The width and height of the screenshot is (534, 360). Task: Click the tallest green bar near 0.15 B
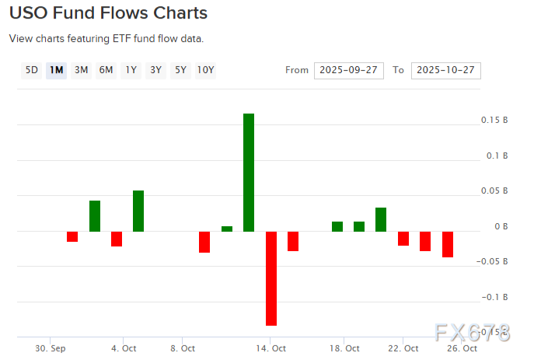click(249, 172)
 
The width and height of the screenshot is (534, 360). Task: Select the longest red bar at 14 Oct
click(271, 278)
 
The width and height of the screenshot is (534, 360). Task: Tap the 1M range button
click(56, 70)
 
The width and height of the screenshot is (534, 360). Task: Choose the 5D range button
click(32, 70)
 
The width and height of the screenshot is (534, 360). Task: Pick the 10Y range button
click(205, 70)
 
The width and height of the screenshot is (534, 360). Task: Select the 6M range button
click(106, 70)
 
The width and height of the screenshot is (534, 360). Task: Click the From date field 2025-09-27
click(349, 70)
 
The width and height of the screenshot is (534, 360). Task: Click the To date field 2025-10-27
click(445, 70)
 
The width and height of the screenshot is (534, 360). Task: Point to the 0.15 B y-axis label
click(494, 121)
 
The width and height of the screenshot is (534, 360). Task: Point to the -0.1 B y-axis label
click(494, 297)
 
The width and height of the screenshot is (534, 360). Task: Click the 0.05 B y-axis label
click(494, 191)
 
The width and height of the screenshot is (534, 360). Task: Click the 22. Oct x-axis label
click(403, 348)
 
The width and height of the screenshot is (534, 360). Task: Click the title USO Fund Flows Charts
click(108, 13)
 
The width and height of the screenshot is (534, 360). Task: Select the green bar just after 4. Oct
click(138, 211)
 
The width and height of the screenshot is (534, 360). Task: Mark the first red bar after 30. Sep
click(72, 236)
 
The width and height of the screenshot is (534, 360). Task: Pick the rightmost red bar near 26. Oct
click(448, 244)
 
